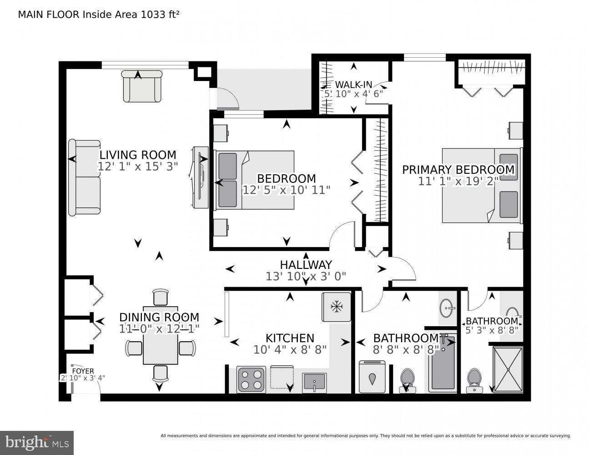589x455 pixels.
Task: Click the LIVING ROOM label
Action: click(x=138, y=155)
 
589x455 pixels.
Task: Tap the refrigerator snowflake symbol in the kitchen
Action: click(x=337, y=307)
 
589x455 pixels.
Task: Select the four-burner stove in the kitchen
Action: click(x=252, y=379)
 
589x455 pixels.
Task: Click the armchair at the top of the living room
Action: click(x=142, y=86)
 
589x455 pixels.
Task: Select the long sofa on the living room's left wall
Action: click(x=84, y=177)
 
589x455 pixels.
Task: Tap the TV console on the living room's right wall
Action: click(x=200, y=177)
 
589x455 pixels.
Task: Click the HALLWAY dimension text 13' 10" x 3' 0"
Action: click(x=306, y=276)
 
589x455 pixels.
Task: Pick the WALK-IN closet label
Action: click(x=353, y=84)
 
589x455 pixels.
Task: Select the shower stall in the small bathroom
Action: click(x=508, y=369)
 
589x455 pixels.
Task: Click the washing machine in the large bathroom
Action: click(x=372, y=376)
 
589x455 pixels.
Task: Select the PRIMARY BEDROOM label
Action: click(x=458, y=170)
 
